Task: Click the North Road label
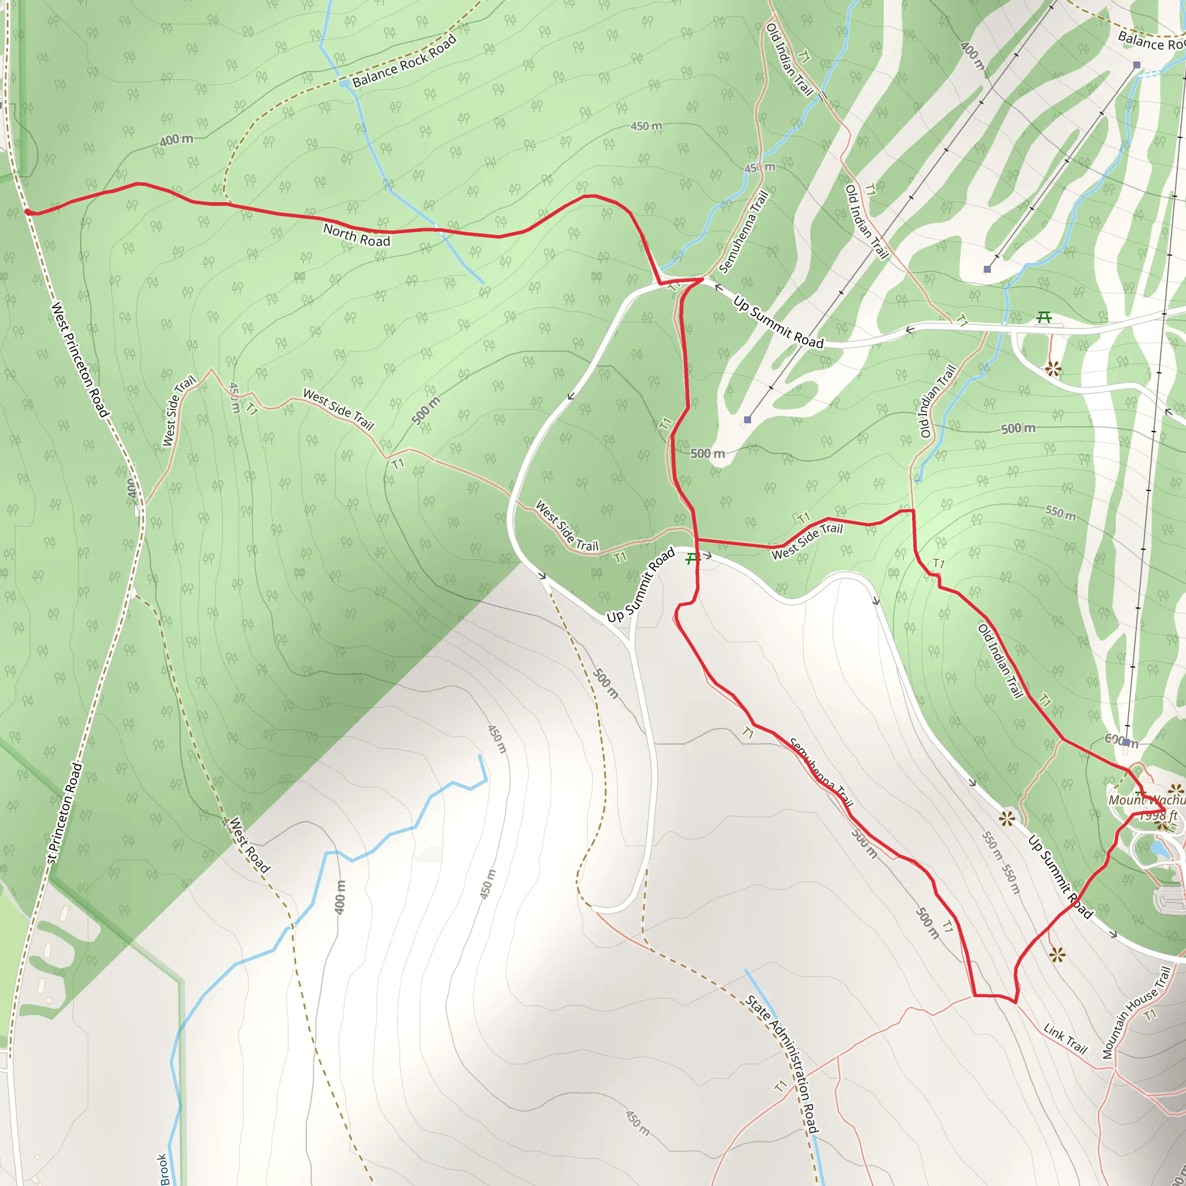[357, 235]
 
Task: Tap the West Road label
[249, 845]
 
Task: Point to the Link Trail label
[1065, 1039]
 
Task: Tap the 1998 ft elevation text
[1158, 816]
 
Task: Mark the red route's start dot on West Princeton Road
[28, 212]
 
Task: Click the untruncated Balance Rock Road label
[405, 61]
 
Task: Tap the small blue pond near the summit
[1159, 848]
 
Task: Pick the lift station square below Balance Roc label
[1137, 64]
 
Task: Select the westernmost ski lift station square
[747, 420]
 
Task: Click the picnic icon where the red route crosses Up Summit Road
[692, 558]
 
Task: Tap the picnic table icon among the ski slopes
[1044, 317]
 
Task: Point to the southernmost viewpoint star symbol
[1057, 954]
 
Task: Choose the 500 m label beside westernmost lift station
[707, 453]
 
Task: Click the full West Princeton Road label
[80, 360]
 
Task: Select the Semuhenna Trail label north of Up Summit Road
[744, 232]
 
